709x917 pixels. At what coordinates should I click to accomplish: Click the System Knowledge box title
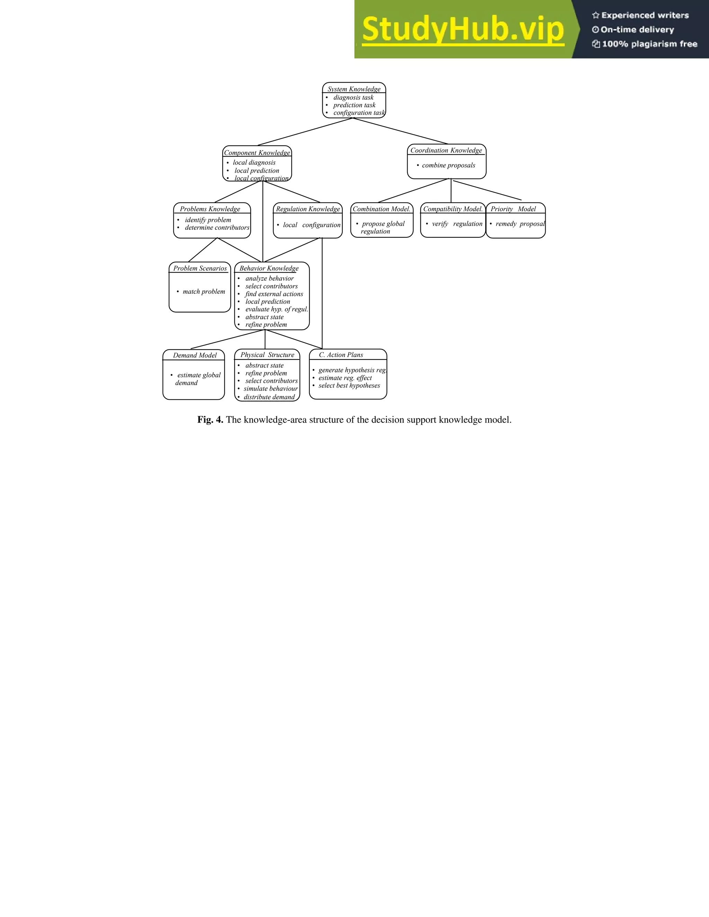click(x=354, y=89)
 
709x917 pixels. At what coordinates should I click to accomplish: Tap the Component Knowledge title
click(x=257, y=153)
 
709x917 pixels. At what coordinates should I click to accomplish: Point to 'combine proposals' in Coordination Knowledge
click(x=448, y=165)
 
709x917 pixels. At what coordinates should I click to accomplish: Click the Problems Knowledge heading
click(x=210, y=209)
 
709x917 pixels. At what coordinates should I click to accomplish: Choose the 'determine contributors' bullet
click(x=217, y=228)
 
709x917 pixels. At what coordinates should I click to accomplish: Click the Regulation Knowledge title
click(x=308, y=209)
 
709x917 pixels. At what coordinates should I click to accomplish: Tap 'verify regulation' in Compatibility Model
click(x=457, y=224)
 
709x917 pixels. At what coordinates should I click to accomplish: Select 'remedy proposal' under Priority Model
click(x=520, y=224)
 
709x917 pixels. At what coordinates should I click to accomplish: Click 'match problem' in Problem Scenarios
click(x=204, y=292)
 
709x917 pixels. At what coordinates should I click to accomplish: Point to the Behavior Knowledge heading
click(x=269, y=268)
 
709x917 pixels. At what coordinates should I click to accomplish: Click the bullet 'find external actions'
click(x=274, y=294)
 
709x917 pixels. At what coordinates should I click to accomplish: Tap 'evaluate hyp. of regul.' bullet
click(x=276, y=309)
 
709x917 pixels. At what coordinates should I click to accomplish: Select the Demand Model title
click(x=195, y=355)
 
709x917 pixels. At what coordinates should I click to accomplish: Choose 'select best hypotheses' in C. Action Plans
click(x=349, y=385)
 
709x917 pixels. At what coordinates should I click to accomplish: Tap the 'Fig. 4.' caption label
click(x=210, y=420)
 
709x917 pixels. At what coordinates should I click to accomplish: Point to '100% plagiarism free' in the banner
click(x=649, y=44)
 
